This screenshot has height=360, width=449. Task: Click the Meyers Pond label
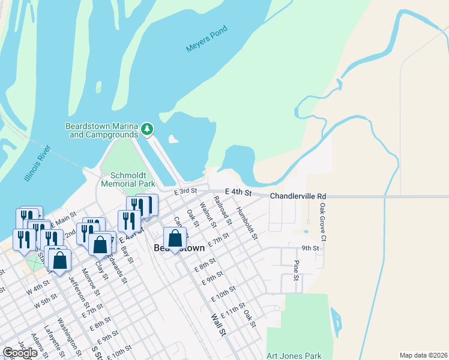[206, 46]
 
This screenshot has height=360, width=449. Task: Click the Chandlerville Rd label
[298, 196]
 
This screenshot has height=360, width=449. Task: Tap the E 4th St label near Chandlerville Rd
[238, 191]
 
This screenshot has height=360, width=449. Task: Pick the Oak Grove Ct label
[322, 221]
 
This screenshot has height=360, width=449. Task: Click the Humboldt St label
[247, 223]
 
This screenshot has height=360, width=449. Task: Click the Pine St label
[296, 270]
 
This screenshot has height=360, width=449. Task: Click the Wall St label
[217, 324]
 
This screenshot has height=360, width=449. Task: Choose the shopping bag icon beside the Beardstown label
[175, 238]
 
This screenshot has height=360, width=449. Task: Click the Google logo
[20, 353]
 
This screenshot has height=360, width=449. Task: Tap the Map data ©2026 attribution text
[423, 355]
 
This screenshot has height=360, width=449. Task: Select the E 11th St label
[232, 310]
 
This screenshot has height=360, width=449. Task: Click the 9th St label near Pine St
[310, 247]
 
